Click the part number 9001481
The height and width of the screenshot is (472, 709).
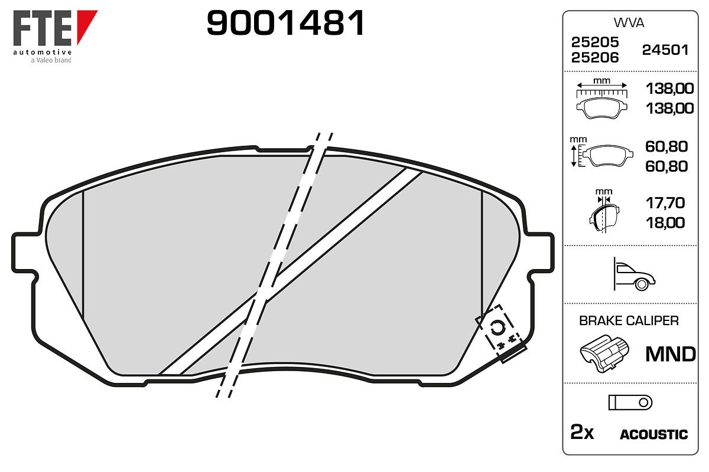click(x=285, y=23)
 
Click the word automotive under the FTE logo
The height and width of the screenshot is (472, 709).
click(x=42, y=52)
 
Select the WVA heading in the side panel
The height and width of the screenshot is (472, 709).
click(x=629, y=23)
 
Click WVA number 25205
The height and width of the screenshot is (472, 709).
click(x=595, y=42)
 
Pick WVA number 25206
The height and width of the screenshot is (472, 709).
click(x=595, y=58)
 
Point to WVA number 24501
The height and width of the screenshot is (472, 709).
click(x=665, y=50)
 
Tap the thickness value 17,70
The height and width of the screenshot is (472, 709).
click(x=665, y=203)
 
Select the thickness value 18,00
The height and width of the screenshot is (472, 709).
click(x=665, y=223)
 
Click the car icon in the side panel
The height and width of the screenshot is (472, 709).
click(x=634, y=274)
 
